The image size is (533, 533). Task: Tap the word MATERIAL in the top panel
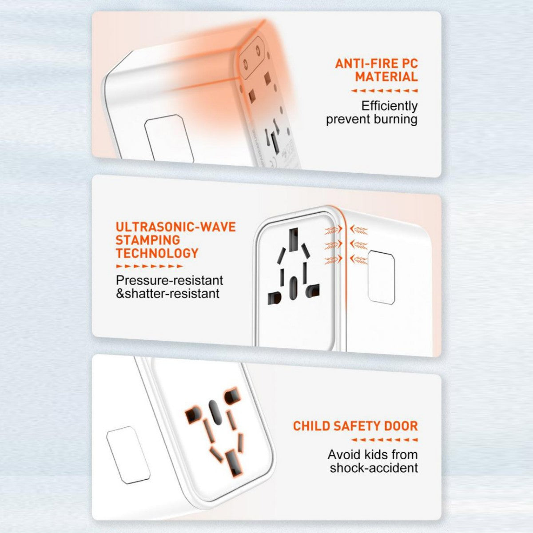(386, 77)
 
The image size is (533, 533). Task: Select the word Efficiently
(389, 106)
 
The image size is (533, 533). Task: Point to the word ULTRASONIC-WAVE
(175, 227)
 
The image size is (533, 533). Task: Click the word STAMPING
(147, 240)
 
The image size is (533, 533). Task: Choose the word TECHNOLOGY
(157, 254)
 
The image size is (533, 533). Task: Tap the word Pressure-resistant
(169, 281)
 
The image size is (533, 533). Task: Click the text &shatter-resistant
(167, 294)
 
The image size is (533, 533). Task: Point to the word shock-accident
(374, 468)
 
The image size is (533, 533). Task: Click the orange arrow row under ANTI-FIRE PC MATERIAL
(384, 91)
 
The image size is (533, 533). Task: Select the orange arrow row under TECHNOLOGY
(149, 266)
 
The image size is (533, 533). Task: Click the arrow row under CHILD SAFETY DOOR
(384, 440)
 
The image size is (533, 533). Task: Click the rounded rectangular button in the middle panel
(382, 278)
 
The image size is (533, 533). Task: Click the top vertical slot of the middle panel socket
(293, 240)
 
